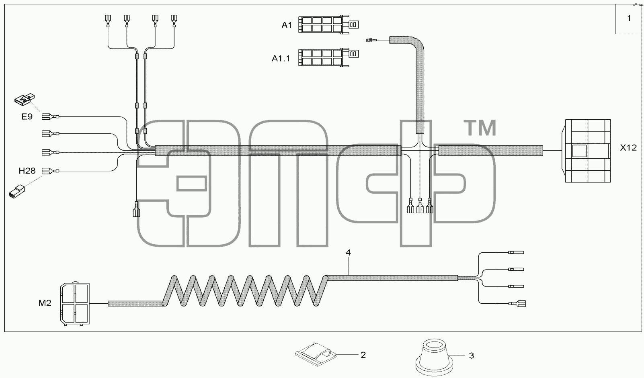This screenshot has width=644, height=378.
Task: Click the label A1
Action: click(287, 25)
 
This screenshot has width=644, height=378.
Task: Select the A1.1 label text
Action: click(281, 59)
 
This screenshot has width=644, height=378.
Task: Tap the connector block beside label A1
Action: click(328, 24)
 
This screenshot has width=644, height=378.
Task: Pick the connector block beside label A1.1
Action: click(328, 57)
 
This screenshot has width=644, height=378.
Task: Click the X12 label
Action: click(628, 148)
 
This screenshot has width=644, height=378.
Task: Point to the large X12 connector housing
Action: click(587, 151)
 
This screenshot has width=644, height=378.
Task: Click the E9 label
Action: click(27, 116)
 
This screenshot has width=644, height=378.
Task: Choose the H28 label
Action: click(27, 171)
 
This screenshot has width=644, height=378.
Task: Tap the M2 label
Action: click(45, 303)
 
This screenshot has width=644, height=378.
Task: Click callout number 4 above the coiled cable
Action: click(348, 253)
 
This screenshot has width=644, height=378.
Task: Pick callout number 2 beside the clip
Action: click(363, 355)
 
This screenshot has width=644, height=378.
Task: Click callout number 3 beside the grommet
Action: click(472, 356)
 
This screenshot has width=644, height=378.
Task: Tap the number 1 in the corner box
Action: click(629, 18)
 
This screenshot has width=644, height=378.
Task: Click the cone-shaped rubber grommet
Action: click(435, 357)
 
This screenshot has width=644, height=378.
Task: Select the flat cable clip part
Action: click(316, 354)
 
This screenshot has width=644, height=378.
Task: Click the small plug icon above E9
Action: click(25, 99)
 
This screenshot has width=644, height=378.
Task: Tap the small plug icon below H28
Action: click(17, 192)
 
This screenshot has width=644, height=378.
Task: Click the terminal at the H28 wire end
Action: click(50, 171)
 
